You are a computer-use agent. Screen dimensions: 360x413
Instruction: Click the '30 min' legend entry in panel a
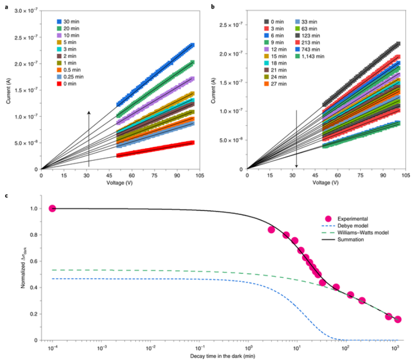click(71, 21)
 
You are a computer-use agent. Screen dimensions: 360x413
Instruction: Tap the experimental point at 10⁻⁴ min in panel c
click(52, 208)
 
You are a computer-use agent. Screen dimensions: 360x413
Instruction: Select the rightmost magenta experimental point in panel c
click(398, 319)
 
